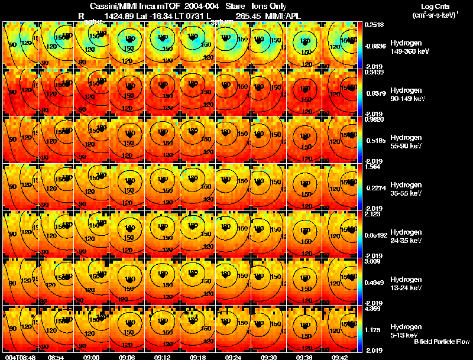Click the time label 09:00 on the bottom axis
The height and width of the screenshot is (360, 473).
tap(92, 357)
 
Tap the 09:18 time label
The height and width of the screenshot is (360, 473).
tap(198, 357)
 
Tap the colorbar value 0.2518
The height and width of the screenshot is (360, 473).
tap(374, 25)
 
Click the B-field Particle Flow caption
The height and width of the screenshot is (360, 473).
tap(442, 342)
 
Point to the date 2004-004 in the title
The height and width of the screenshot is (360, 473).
tap(201, 6)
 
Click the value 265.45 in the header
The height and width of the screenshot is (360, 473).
tap(256, 15)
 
